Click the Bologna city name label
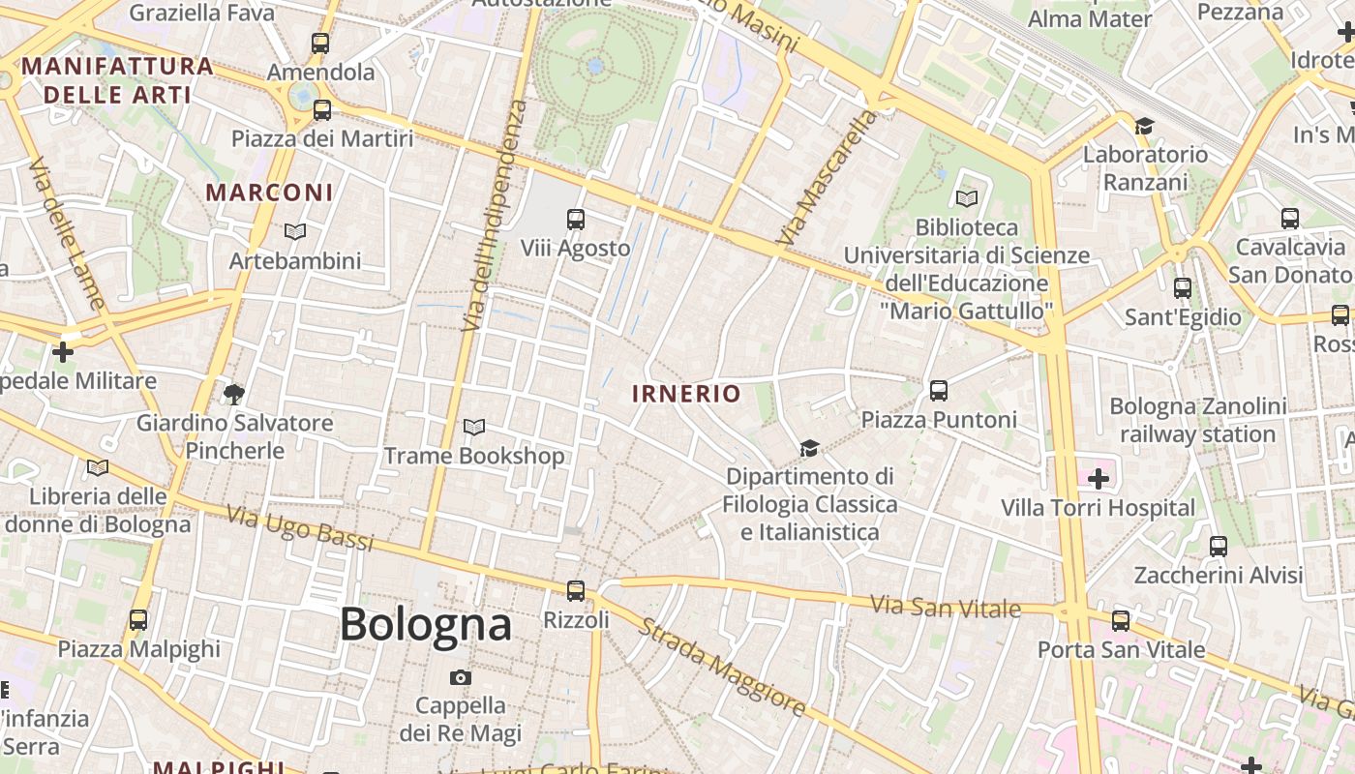(425, 624)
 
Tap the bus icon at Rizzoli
(576, 590)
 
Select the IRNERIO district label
(686, 394)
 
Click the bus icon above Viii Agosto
(576, 220)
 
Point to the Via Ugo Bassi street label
(300, 528)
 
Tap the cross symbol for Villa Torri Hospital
(1098, 478)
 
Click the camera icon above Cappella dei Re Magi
(461, 677)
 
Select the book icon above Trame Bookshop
(473, 427)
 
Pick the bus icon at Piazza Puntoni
(938, 391)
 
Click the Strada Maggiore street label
(721, 668)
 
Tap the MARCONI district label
(269, 192)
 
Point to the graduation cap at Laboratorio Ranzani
(1144, 126)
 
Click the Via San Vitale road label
(945, 608)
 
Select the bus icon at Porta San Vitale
(1121, 620)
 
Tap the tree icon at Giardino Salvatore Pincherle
(233, 394)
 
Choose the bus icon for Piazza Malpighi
(138, 619)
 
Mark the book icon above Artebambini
(295, 231)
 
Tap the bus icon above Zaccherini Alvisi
(1219, 547)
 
